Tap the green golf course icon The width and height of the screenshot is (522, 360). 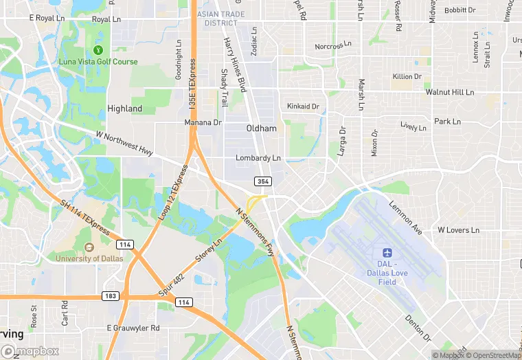tap(98, 49)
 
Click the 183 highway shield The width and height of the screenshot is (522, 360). tap(112, 296)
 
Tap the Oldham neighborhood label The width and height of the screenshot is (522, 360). tap(262, 128)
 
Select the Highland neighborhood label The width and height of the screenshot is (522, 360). tap(125, 109)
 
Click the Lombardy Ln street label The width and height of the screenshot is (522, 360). tap(258, 158)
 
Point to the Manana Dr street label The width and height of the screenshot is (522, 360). tap(203, 122)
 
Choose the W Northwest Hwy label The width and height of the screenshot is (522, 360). tap(125, 143)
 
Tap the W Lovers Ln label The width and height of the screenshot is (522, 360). tap(458, 229)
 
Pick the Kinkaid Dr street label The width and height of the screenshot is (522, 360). tap(303, 106)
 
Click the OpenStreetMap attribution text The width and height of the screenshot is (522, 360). tap(495, 355)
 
